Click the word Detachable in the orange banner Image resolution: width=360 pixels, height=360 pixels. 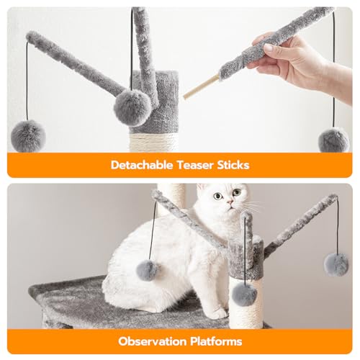(142, 165)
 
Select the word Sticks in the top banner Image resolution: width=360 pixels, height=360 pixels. (233, 165)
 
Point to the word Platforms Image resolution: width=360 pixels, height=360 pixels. (216, 341)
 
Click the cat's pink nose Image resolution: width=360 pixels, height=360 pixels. (230, 202)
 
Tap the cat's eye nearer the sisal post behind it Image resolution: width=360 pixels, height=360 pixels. (218, 197)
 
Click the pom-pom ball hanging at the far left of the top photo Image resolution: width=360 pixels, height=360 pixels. (28, 136)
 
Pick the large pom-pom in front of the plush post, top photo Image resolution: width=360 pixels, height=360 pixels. (132, 108)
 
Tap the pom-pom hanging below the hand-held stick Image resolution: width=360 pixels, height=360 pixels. (333, 140)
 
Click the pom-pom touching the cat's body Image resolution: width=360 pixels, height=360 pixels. (147, 271)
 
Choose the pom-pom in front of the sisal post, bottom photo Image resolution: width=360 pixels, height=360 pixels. (244, 294)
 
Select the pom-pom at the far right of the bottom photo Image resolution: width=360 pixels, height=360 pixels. (336, 265)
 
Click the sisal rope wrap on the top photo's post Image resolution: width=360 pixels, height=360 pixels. (153, 143)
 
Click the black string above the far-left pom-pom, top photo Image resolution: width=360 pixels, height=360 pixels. (27, 81)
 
